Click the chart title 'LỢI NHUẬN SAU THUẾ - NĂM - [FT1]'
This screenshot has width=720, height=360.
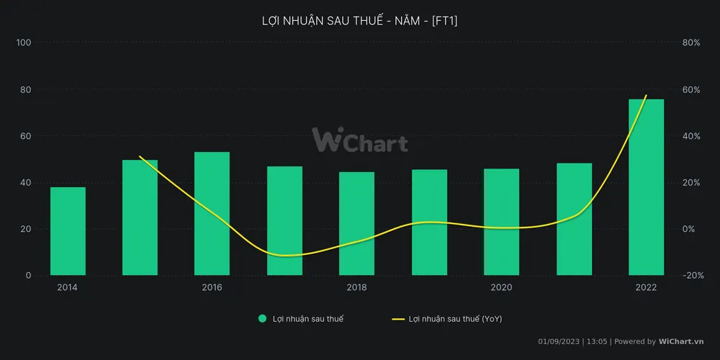(x=359, y=21)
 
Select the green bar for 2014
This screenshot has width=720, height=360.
(x=68, y=231)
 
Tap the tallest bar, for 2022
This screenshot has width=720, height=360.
(x=646, y=187)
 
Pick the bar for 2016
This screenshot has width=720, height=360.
(x=212, y=214)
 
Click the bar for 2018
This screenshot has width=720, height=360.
(x=356, y=224)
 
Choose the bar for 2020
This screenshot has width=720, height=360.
(x=501, y=222)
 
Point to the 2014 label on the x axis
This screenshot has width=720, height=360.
(x=68, y=287)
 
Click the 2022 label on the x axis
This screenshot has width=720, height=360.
(x=646, y=287)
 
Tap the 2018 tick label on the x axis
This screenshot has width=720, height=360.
(x=356, y=287)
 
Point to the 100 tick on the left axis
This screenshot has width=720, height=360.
(x=24, y=42)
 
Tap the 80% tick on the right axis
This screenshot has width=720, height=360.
(x=691, y=42)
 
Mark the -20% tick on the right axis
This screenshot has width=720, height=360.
(x=693, y=276)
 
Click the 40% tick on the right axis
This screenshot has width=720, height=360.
(x=691, y=136)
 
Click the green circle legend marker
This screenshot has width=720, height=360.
(x=263, y=318)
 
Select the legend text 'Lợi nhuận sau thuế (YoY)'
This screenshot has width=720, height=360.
(x=455, y=318)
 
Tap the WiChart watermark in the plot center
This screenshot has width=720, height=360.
(x=359, y=140)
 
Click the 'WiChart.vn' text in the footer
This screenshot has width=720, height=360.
(x=681, y=341)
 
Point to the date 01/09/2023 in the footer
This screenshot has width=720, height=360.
(x=559, y=341)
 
